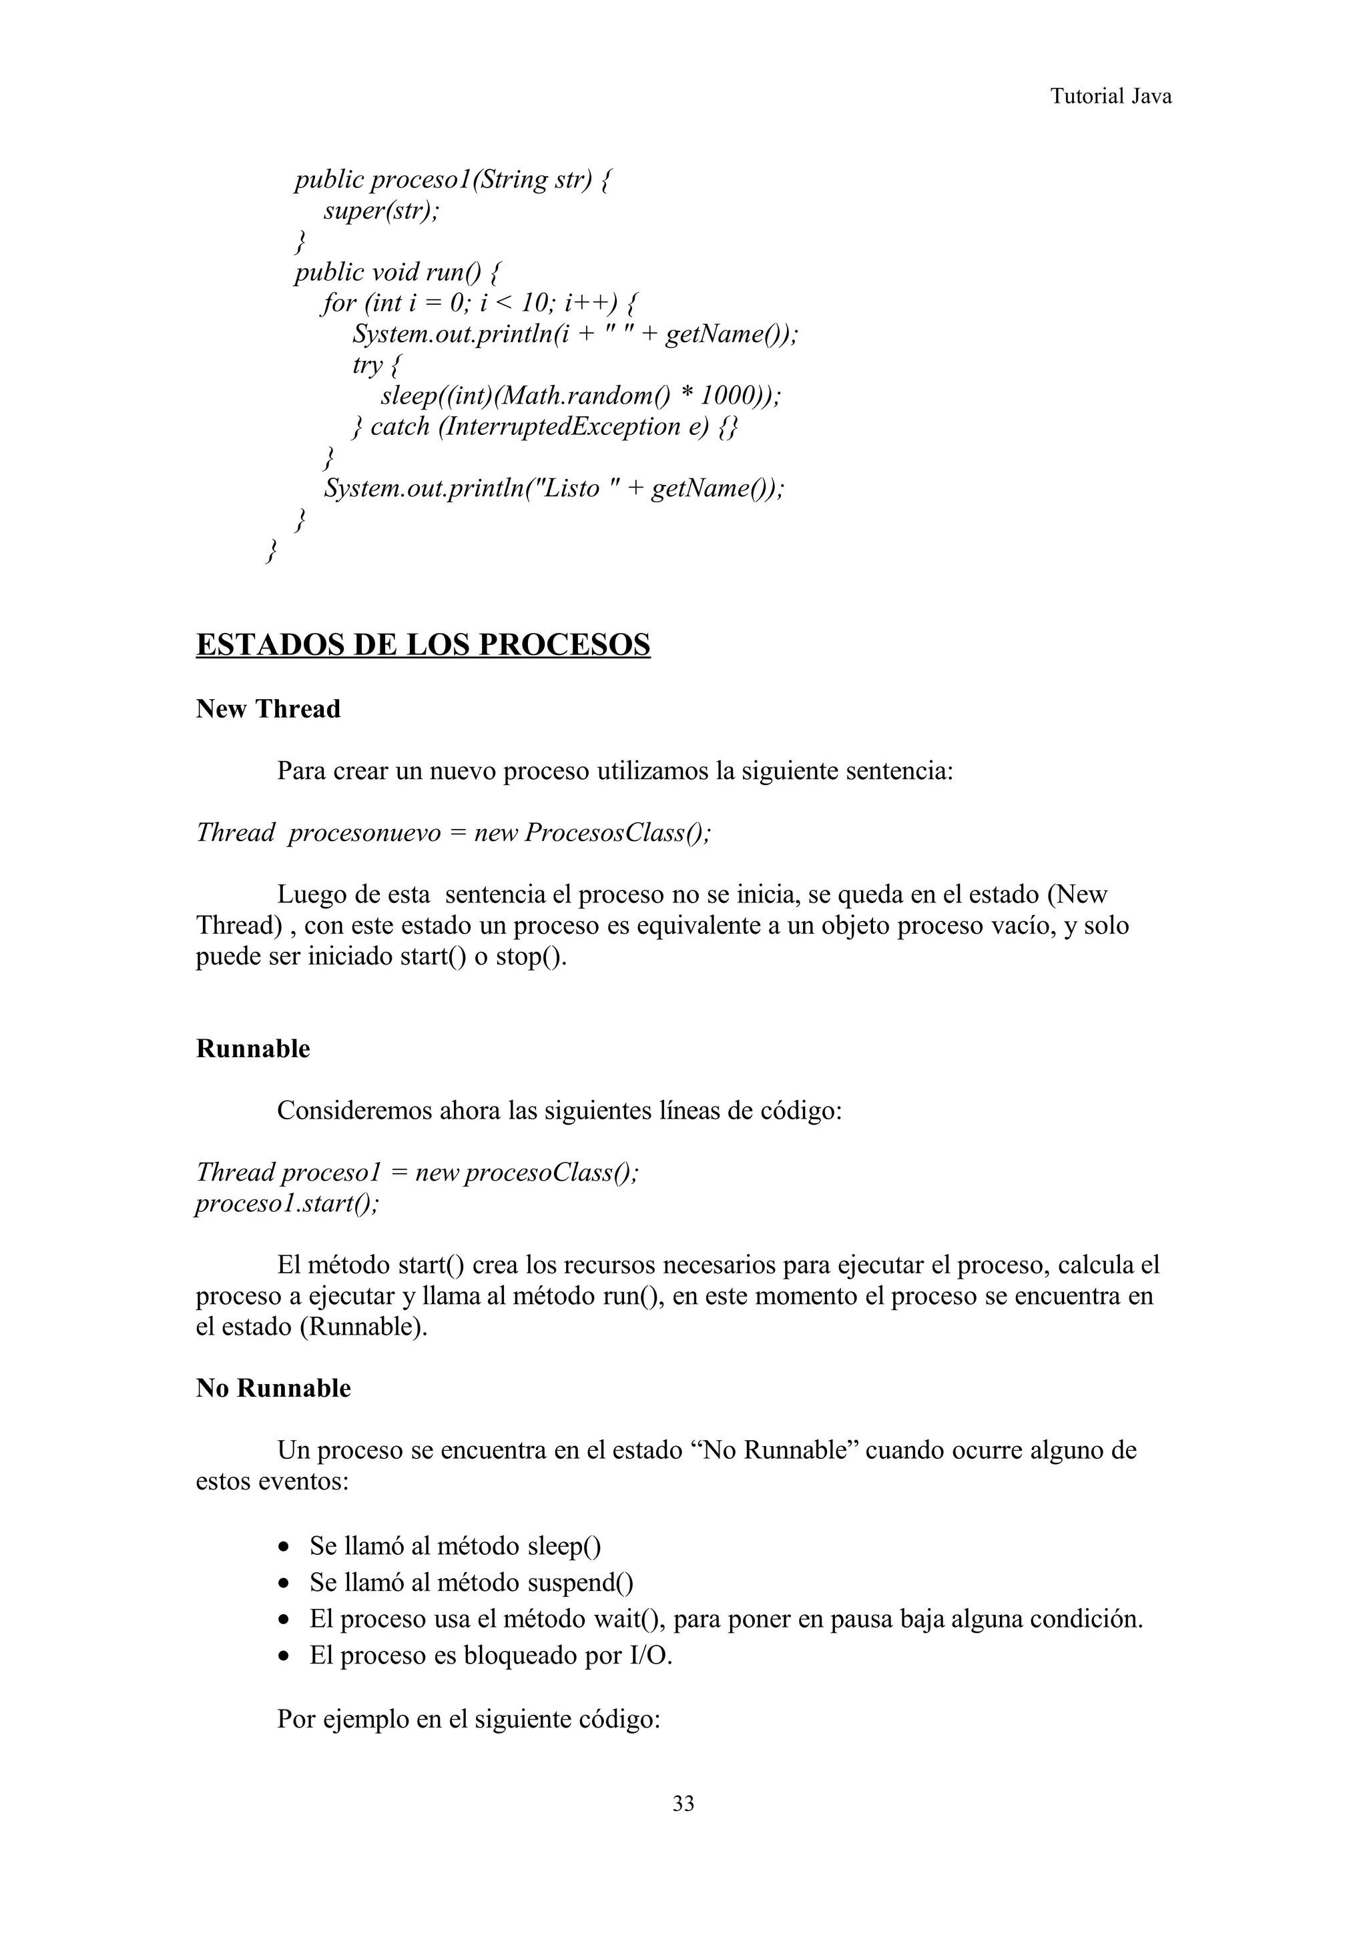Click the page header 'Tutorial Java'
1110,96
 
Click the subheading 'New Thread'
268,709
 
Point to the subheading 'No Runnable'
273,1387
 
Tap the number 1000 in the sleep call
725,396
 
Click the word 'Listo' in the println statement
571,488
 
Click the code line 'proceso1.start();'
287,1203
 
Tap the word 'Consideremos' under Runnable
354,1111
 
